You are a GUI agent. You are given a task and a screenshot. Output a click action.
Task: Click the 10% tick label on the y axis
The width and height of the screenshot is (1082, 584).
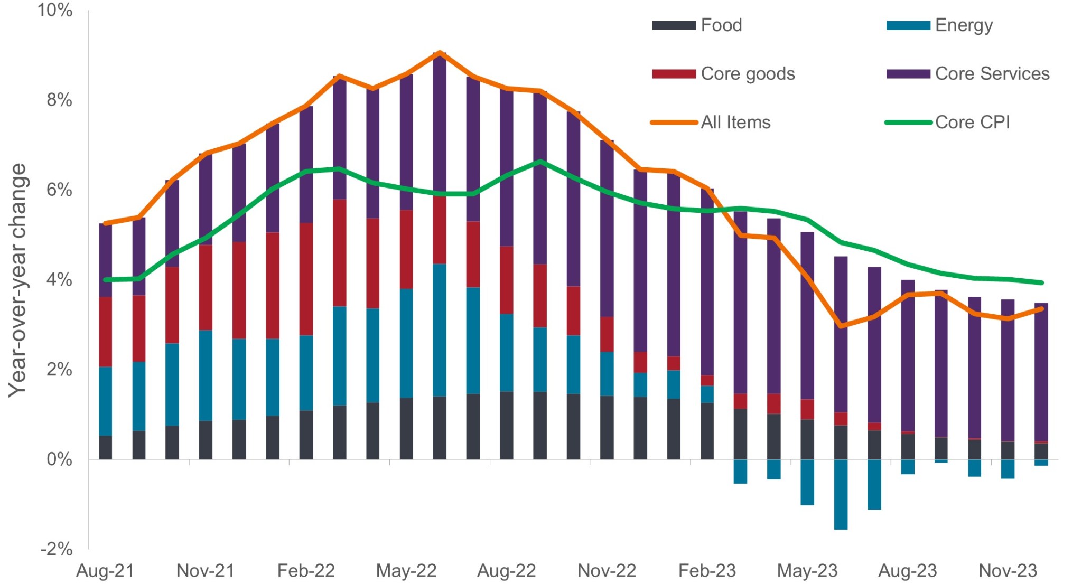pos(55,10)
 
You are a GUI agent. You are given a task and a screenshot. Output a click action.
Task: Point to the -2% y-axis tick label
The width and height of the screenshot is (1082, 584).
pos(57,549)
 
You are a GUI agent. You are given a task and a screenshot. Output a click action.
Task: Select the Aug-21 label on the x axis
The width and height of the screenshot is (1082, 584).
pos(105,571)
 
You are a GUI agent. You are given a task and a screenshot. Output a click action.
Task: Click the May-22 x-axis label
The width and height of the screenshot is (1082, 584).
pos(406,571)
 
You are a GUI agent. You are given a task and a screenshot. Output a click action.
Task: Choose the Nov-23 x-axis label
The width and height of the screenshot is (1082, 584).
pos(1008,571)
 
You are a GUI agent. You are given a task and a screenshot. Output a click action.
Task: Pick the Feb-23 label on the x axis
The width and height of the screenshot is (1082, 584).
pos(707,571)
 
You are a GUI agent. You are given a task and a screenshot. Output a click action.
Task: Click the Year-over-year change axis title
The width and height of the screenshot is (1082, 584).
pos(17,280)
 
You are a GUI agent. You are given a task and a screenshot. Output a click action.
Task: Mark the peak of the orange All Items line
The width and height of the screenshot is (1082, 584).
pos(440,53)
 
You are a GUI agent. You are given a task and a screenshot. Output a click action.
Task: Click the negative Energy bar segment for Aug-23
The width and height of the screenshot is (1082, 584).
pos(908,467)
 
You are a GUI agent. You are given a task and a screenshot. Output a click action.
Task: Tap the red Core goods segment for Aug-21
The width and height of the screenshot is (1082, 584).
pos(106,332)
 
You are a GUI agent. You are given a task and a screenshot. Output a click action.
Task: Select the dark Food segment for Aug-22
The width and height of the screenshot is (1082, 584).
pos(507,425)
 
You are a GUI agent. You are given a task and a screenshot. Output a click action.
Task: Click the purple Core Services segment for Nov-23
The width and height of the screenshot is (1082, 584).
pos(1008,370)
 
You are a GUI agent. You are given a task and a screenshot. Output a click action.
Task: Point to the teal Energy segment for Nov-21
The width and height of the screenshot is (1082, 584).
pos(206,375)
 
